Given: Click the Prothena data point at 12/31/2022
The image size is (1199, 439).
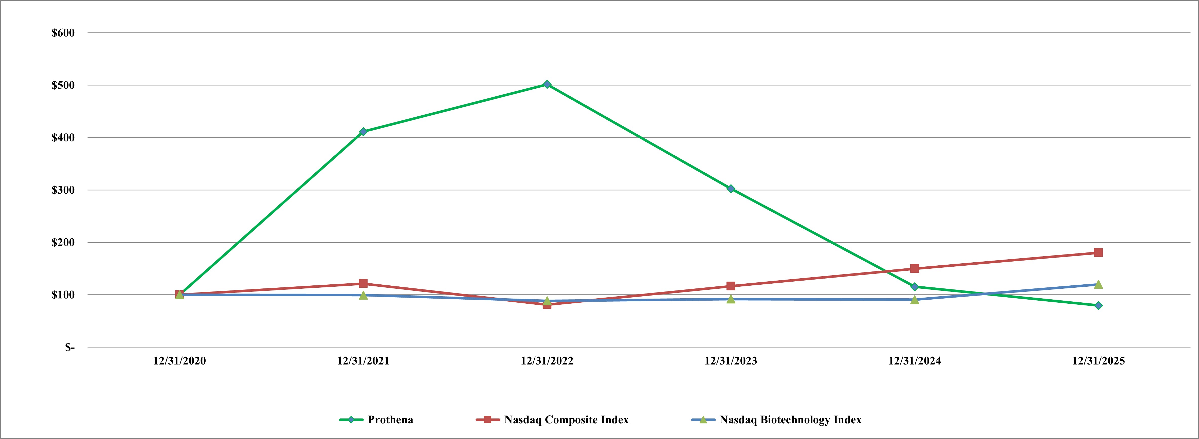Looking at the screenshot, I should (547, 84).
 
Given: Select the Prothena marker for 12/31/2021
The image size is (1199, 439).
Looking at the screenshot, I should (363, 132).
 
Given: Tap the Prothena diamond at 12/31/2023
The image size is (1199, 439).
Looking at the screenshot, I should (731, 189).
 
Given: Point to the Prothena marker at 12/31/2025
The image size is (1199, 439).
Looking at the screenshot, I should (1098, 305).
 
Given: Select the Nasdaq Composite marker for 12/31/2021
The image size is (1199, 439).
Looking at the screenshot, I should (363, 284).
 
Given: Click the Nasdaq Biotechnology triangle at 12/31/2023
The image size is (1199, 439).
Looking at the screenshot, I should (731, 299).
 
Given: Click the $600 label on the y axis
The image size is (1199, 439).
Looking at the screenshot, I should (63, 33).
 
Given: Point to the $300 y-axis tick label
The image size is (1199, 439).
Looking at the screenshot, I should (63, 190).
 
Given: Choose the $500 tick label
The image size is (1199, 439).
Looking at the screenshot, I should (63, 85).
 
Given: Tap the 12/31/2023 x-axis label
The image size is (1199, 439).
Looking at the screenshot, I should (731, 361).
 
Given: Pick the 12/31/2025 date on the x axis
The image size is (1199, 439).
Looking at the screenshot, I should (1098, 361).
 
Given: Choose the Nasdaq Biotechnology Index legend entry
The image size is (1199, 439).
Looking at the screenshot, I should (790, 419).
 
